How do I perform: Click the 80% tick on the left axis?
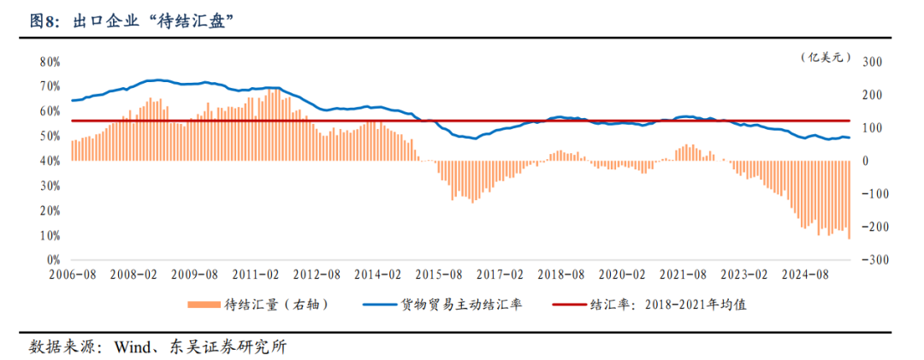(49, 62)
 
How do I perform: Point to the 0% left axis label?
(51, 260)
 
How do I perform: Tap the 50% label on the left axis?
(49, 137)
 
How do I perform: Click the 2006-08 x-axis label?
(72, 274)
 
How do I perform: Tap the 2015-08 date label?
(439, 274)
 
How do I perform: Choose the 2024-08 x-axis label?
(805, 274)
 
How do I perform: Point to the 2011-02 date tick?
(256, 274)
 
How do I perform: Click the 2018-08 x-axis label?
(561, 274)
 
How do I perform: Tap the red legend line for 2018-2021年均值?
(568, 304)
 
